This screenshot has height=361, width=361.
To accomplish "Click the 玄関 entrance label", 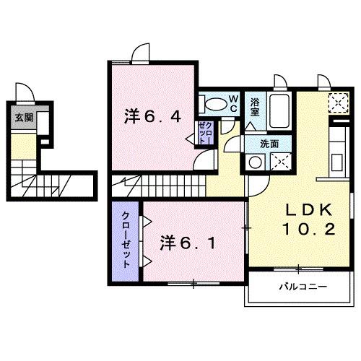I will pos(23,118).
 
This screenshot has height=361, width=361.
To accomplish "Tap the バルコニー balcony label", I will pos(303,287).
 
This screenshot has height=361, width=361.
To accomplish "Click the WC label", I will pos(234,103).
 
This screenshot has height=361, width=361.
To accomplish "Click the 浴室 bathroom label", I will pos(255,107).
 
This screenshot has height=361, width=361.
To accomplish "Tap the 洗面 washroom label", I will pos(270,143).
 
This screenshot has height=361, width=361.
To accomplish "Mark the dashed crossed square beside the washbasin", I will pos(279,161).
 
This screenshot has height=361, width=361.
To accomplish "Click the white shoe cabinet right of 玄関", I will pos(44,122).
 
